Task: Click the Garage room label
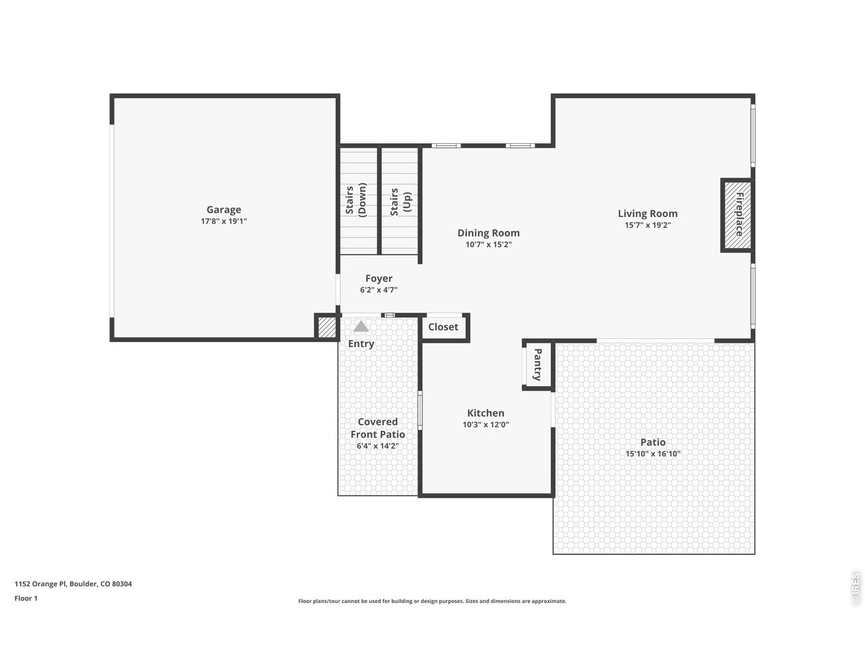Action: pyautogui.click(x=224, y=210)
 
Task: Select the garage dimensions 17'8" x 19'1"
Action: pyautogui.click(x=224, y=221)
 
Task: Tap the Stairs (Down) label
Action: pyautogui.click(x=355, y=200)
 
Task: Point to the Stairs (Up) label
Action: pyautogui.click(x=400, y=201)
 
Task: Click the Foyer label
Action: pyautogui.click(x=378, y=278)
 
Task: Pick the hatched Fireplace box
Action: pyautogui.click(x=737, y=215)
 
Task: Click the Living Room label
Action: pyautogui.click(x=647, y=214)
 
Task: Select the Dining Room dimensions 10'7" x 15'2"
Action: pyautogui.click(x=488, y=245)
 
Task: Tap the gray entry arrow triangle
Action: pyautogui.click(x=362, y=327)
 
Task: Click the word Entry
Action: pyautogui.click(x=361, y=343)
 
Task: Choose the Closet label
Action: pyautogui.click(x=443, y=327)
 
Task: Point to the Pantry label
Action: pyautogui.click(x=538, y=365)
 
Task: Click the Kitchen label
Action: pyautogui.click(x=485, y=413)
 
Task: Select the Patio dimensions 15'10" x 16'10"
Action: pyautogui.click(x=653, y=454)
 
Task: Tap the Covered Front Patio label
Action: pyautogui.click(x=378, y=428)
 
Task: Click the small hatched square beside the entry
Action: pyautogui.click(x=326, y=328)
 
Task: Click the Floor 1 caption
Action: pyautogui.click(x=26, y=598)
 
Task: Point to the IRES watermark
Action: pyautogui.click(x=855, y=588)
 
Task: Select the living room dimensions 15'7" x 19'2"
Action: pyautogui.click(x=647, y=225)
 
